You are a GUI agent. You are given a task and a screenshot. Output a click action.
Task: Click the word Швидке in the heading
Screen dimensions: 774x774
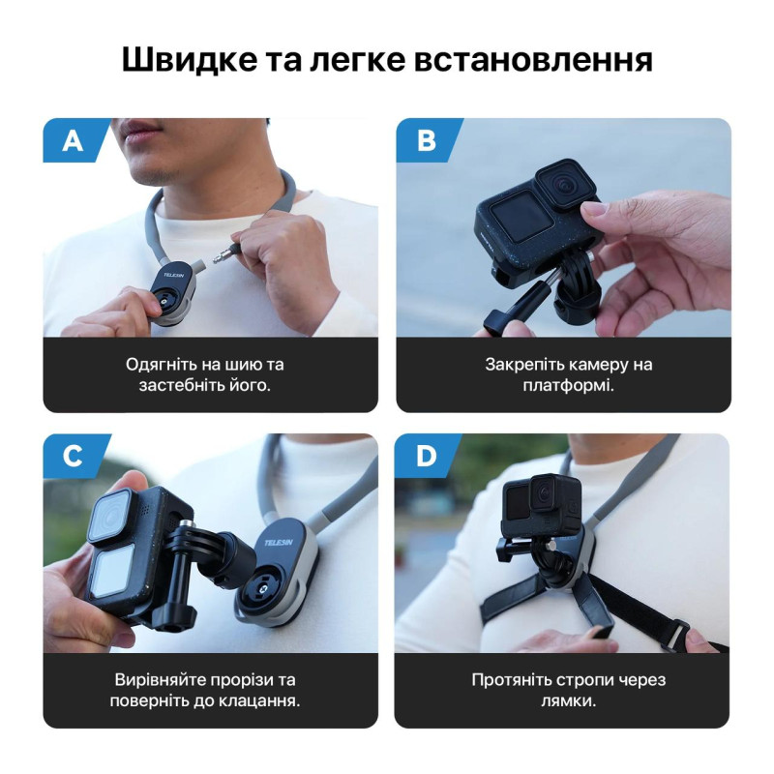(x=190, y=60)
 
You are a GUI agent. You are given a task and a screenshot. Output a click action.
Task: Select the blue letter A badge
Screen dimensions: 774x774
(x=75, y=140)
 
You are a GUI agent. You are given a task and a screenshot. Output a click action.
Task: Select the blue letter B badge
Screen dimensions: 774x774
(x=428, y=140)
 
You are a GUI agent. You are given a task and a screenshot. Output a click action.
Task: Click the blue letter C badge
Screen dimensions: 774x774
(x=75, y=456)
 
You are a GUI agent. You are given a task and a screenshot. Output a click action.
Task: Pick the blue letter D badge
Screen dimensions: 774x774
(x=428, y=456)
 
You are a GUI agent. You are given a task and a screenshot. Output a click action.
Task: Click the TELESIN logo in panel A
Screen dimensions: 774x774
(x=174, y=275)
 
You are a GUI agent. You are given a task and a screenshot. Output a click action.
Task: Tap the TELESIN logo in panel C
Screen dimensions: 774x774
(x=278, y=543)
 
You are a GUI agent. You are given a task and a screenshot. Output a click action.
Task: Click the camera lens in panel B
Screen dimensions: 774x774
(x=564, y=185)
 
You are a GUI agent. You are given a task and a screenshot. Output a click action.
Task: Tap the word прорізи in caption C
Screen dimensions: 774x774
(x=240, y=681)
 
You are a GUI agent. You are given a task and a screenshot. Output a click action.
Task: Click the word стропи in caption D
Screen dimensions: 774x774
(x=585, y=681)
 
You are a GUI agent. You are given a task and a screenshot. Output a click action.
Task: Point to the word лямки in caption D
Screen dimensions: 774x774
(x=566, y=701)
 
